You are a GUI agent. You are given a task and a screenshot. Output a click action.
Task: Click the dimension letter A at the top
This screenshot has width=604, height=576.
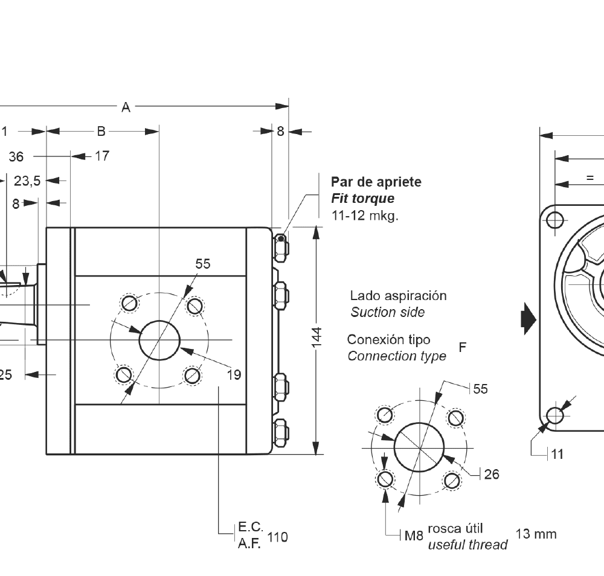(126, 107)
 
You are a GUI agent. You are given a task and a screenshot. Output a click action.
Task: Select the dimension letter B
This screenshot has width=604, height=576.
(101, 131)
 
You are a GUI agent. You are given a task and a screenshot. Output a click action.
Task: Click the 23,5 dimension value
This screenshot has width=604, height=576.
(27, 180)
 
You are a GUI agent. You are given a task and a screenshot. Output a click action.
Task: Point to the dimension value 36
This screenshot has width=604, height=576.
(16, 157)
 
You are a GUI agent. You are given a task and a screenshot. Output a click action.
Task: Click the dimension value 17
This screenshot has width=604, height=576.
(102, 156)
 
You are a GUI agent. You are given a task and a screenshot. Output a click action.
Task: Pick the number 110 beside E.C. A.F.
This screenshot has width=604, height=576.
(277, 537)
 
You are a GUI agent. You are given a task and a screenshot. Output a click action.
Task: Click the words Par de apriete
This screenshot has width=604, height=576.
(376, 182)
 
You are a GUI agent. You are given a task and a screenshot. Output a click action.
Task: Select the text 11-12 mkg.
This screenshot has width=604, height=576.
(365, 216)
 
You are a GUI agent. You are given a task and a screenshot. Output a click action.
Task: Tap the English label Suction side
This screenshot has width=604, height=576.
(387, 312)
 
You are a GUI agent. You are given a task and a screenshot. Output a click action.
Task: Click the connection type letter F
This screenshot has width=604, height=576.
(463, 347)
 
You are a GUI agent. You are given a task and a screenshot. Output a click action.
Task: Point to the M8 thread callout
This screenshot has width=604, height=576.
(414, 535)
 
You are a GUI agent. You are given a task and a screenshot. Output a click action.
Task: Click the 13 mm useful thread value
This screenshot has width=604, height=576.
(536, 534)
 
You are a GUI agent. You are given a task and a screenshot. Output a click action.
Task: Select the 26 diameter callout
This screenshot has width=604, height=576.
(492, 475)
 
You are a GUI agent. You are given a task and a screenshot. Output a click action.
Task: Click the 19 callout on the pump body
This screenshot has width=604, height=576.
(234, 375)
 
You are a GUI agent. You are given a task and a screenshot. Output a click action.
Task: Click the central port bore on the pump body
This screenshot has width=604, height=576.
(160, 340)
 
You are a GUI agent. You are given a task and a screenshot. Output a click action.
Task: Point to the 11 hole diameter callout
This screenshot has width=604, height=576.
(557, 454)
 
